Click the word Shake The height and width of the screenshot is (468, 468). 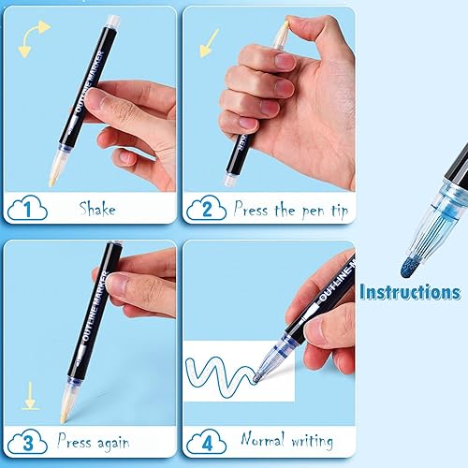97,208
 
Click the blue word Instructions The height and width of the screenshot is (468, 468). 409,292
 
